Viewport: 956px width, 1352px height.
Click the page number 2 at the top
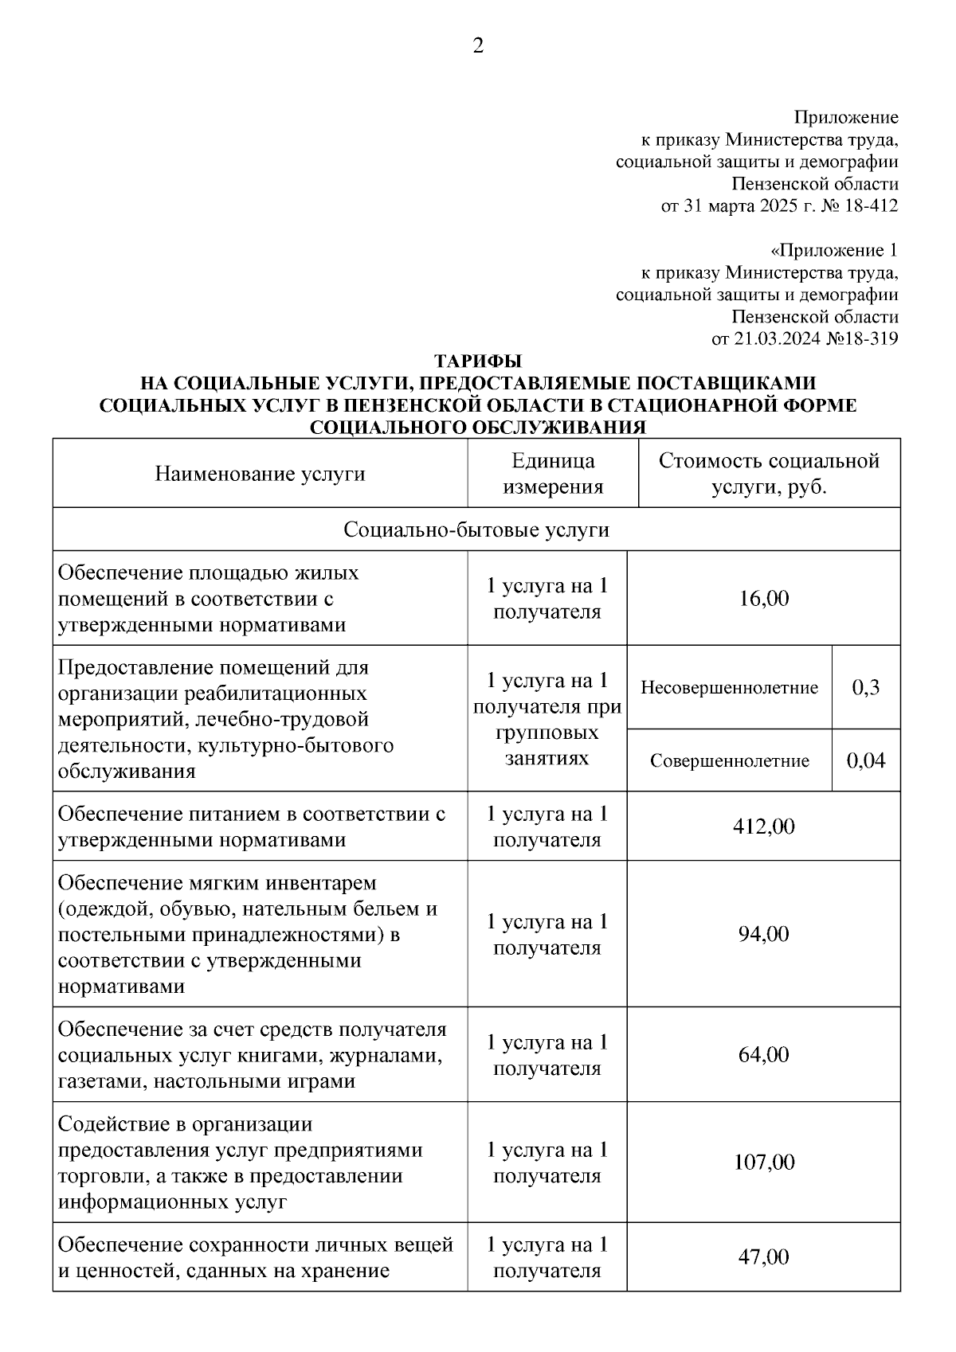478,46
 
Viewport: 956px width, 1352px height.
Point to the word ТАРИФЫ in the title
477,360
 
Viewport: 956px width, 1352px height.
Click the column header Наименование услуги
260,475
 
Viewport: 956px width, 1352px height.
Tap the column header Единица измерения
553,474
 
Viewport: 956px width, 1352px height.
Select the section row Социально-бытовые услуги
476,530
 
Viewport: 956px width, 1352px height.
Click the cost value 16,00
763,599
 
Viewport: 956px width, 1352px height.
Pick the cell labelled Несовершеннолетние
729,687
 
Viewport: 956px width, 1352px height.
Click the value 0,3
866,687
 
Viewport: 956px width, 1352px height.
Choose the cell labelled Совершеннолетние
729,761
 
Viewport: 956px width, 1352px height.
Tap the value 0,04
866,761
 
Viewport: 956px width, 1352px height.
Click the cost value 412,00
763,826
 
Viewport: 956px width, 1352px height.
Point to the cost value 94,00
763,934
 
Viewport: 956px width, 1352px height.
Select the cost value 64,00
763,1055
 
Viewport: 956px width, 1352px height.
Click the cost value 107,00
763,1162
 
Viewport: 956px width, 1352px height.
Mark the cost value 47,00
763,1257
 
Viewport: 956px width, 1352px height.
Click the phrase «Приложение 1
834,251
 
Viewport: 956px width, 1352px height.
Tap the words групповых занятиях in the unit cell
547,744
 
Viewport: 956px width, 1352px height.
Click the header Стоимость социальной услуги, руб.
769,474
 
